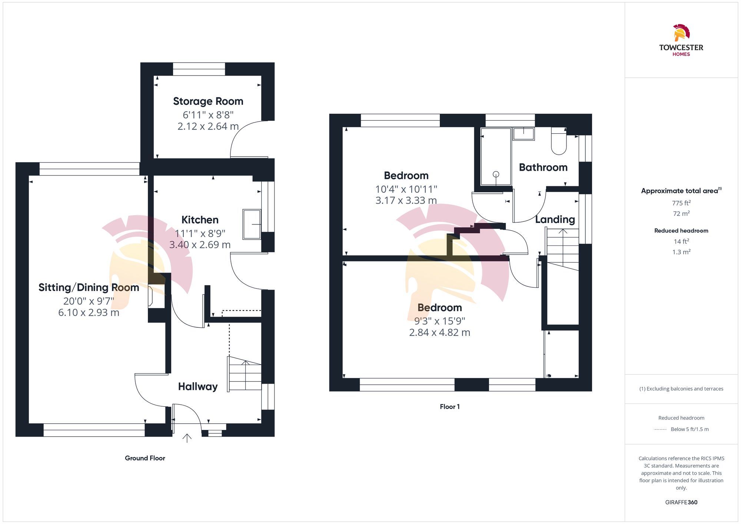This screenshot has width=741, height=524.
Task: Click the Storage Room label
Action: pos(208,101)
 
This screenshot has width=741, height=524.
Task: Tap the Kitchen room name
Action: pos(200,220)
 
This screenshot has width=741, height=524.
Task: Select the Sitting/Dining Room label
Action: pos(89,287)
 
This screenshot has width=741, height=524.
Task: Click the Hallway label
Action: pos(198,386)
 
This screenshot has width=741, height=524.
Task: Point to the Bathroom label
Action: pos(543,167)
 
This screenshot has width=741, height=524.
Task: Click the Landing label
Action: pos(555,219)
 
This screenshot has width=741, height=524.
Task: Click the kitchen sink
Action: pos(252,224)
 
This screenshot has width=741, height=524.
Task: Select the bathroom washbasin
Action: pos(524,134)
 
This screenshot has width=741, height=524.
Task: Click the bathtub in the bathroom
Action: pos(496,156)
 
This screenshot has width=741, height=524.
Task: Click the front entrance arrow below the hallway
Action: pos(187,438)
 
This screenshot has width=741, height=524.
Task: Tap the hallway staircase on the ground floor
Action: pos(245,374)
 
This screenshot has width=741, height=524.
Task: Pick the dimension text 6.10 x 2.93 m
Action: pos(89,313)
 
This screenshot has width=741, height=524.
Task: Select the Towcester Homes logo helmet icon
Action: pos(681,33)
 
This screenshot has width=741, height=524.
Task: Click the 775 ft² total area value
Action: pos(681,203)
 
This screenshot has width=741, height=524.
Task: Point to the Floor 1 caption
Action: pos(449,407)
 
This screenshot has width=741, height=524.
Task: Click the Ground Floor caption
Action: pos(145,458)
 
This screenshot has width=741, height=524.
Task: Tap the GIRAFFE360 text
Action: pos(681,502)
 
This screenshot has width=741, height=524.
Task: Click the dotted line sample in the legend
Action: pos(660,430)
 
